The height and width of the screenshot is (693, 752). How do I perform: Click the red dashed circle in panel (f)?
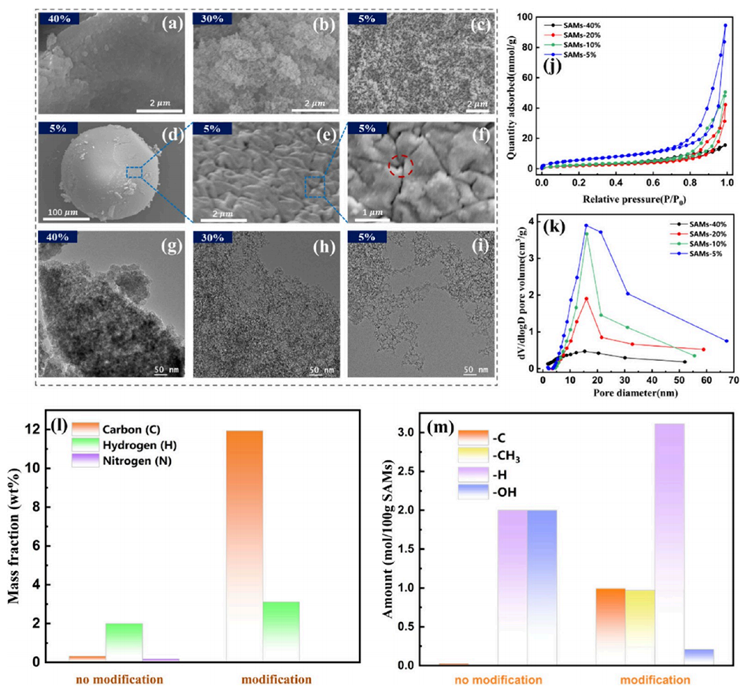[x=401, y=165]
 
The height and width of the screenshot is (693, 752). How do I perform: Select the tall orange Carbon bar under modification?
[x=244, y=543]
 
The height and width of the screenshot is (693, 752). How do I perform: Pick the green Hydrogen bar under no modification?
[x=124, y=641]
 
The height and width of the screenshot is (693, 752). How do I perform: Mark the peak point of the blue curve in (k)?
[x=585, y=226]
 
